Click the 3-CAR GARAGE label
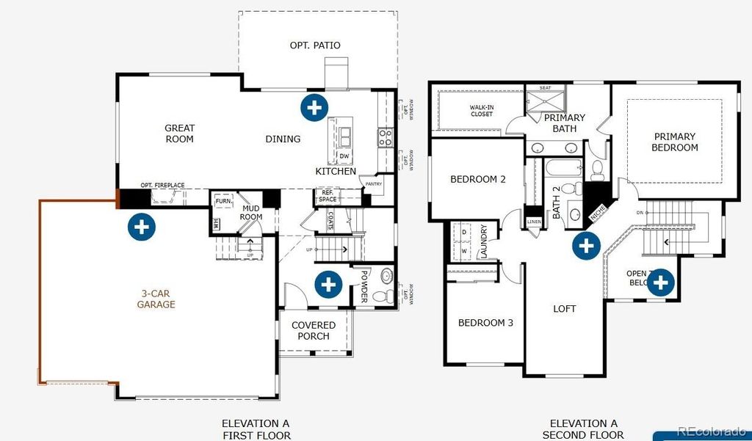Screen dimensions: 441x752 click(156, 299)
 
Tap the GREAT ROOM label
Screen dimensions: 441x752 click(179, 134)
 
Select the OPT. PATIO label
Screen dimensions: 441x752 click(315, 45)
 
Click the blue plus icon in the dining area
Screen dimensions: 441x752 click(314, 107)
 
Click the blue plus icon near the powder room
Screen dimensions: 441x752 click(328, 283)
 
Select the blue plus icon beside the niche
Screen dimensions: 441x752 click(585, 245)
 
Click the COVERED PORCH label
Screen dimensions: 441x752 click(314, 330)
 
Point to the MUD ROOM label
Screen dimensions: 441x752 click(252, 212)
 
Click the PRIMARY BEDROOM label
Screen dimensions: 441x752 click(676, 142)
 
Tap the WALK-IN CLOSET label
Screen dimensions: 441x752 click(481, 110)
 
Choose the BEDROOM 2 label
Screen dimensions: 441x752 click(477, 179)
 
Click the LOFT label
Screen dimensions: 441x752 click(564, 309)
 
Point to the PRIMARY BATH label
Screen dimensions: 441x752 click(564, 123)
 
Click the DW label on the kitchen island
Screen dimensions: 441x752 click(344, 156)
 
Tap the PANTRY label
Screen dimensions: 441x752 click(373, 184)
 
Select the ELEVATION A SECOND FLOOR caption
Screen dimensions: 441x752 click(584, 429)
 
